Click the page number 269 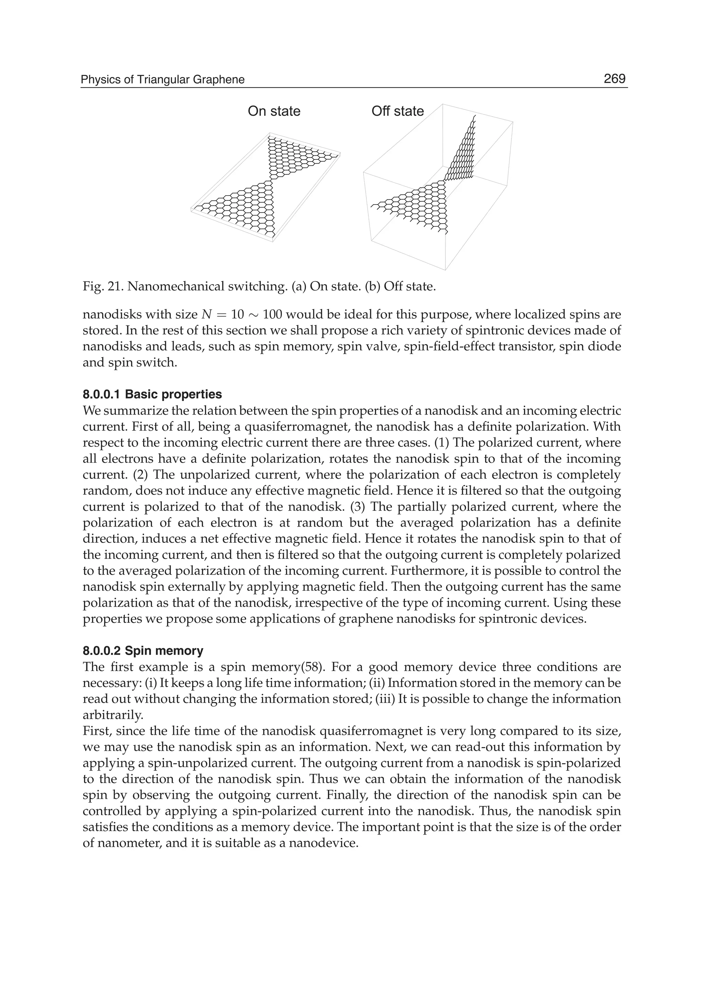pos(614,79)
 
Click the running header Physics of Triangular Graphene pos(163,80)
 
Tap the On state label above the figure pos(274,111)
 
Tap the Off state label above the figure pos(397,111)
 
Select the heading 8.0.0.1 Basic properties pos(152,395)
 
